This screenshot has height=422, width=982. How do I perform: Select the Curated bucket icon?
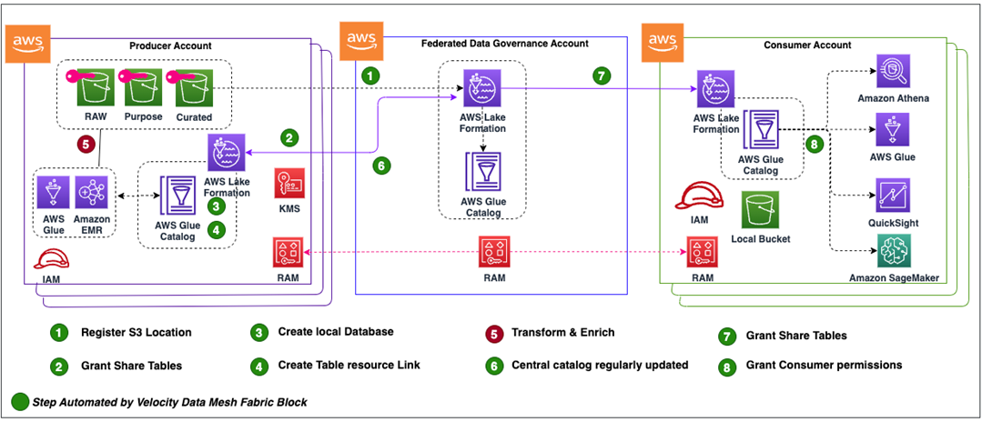point(194,88)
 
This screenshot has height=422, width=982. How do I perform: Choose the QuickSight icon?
point(893,196)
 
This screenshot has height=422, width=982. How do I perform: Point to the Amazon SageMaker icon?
point(893,250)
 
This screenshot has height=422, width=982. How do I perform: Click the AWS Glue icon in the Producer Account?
point(53,195)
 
